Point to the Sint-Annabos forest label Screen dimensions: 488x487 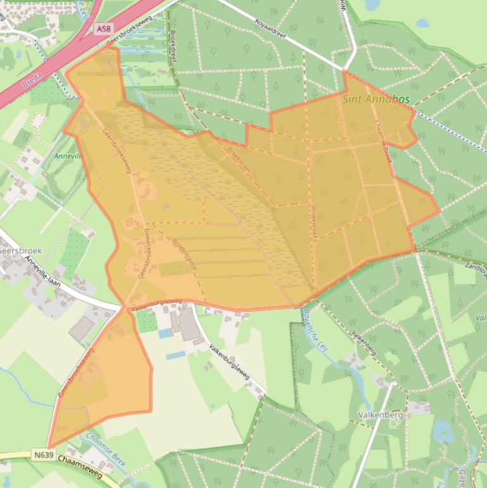point(376,100)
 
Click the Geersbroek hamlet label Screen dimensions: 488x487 point(19,251)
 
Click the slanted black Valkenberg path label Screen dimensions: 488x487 point(364,342)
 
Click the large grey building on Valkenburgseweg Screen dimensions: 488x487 point(188,324)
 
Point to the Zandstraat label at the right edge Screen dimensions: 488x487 point(475,269)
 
